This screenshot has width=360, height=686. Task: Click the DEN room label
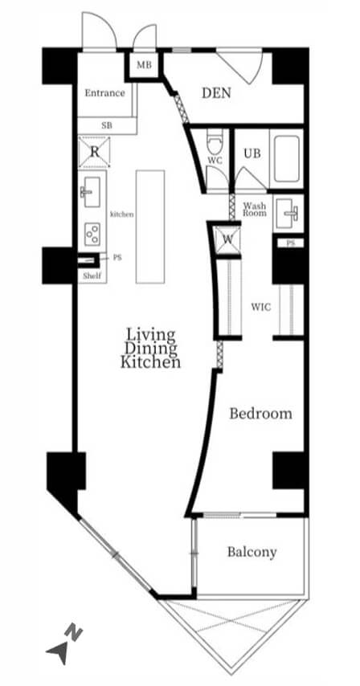[x=216, y=93]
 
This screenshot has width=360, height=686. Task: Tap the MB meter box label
[x=144, y=65]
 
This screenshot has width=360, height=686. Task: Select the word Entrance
[x=104, y=92]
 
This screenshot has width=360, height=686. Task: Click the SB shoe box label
[x=107, y=125]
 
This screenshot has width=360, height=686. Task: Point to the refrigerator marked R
[x=94, y=152]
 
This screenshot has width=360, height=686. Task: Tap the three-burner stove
[x=92, y=234]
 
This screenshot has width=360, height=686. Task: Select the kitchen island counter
[x=150, y=227]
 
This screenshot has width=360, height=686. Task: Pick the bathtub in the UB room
[x=287, y=159]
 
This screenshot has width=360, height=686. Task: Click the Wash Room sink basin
[x=289, y=213]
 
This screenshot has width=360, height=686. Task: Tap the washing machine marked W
[x=227, y=239]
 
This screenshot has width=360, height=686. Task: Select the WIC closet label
[x=260, y=307]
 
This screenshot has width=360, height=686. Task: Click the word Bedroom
[x=260, y=414]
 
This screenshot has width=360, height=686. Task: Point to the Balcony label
[x=252, y=552]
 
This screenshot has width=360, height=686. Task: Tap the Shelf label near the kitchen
[x=92, y=276]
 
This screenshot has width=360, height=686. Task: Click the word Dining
[x=151, y=349]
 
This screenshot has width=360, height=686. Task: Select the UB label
[x=252, y=153]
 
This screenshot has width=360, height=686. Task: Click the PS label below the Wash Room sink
[x=290, y=243]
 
